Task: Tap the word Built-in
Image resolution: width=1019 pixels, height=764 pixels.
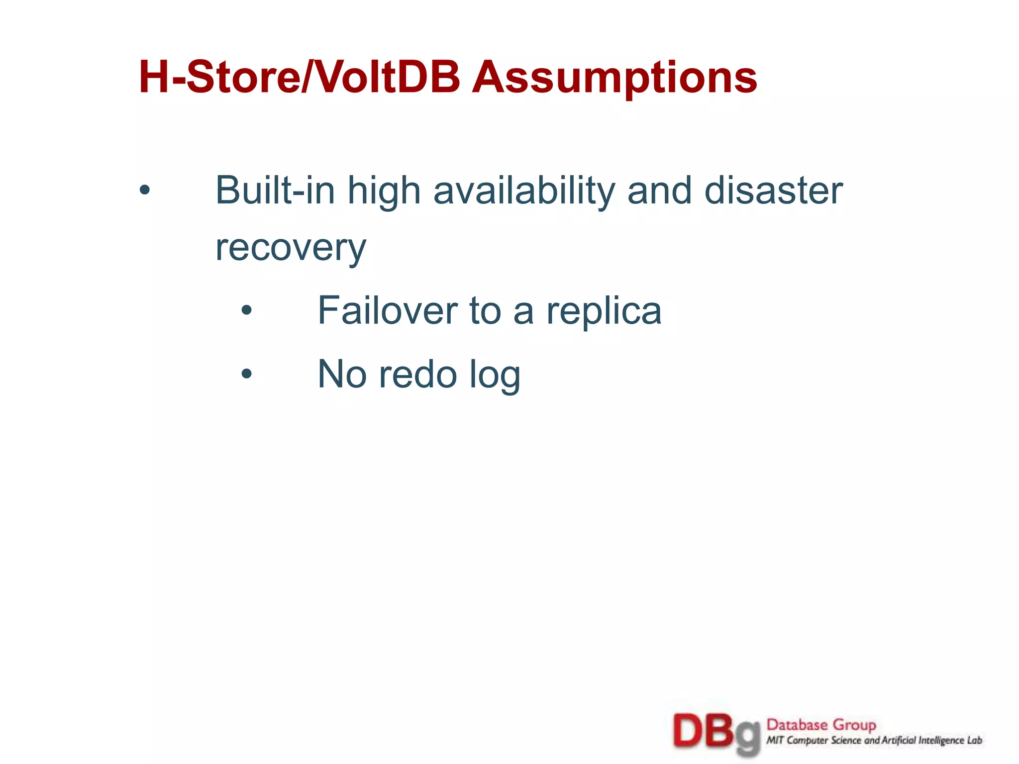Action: (x=275, y=191)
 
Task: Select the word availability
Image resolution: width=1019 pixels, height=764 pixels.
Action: (x=524, y=191)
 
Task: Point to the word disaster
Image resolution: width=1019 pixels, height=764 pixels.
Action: (x=773, y=191)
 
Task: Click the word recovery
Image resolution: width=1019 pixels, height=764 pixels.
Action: (x=291, y=248)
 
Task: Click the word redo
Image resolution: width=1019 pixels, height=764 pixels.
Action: (x=418, y=375)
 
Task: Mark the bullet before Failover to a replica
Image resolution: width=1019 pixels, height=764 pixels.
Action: (x=247, y=310)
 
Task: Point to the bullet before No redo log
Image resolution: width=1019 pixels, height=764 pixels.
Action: (x=247, y=374)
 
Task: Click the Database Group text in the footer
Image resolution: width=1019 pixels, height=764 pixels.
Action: (x=821, y=725)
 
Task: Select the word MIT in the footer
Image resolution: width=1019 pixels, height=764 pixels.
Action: (x=775, y=741)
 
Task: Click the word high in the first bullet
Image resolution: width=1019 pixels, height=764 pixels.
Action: (x=384, y=191)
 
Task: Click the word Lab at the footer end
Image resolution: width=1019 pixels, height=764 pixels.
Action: (x=975, y=741)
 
